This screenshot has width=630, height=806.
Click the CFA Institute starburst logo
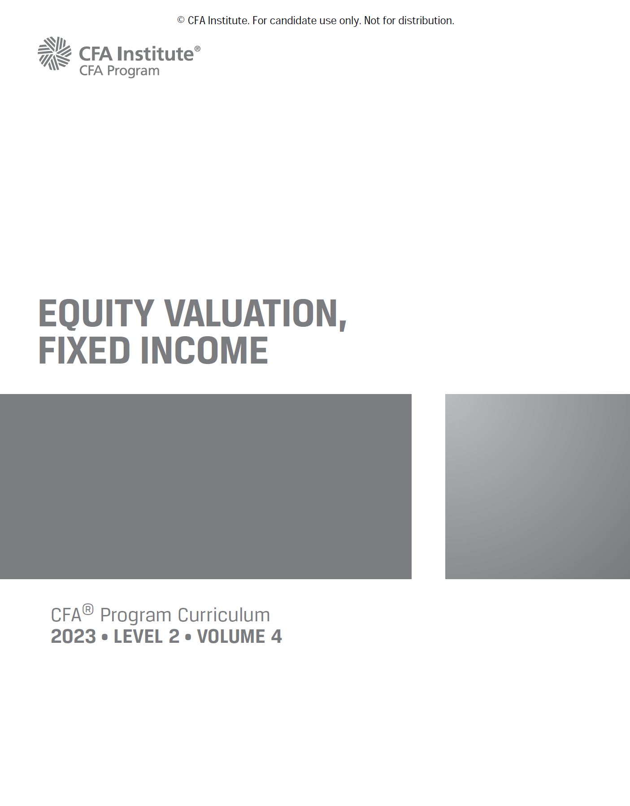tap(54, 53)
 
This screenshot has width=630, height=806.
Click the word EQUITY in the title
tap(96, 313)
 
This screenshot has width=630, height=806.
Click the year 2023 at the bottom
tap(73, 637)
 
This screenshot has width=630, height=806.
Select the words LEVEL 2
tap(146, 637)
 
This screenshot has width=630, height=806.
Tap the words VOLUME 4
tap(239, 637)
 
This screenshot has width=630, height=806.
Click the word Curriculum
tap(224, 615)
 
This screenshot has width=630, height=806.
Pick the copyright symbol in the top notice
tap(181, 21)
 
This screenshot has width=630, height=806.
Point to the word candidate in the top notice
tap(291, 21)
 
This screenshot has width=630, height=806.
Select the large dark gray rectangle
tap(205, 486)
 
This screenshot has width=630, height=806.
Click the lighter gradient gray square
tap(537, 486)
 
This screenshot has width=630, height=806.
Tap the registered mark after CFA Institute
tap(197, 48)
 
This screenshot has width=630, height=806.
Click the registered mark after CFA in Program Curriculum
tap(88, 609)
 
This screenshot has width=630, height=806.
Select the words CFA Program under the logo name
tap(119, 71)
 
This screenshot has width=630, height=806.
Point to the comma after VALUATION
tap(343, 325)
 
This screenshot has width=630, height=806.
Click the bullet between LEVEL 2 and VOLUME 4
tap(188, 637)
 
